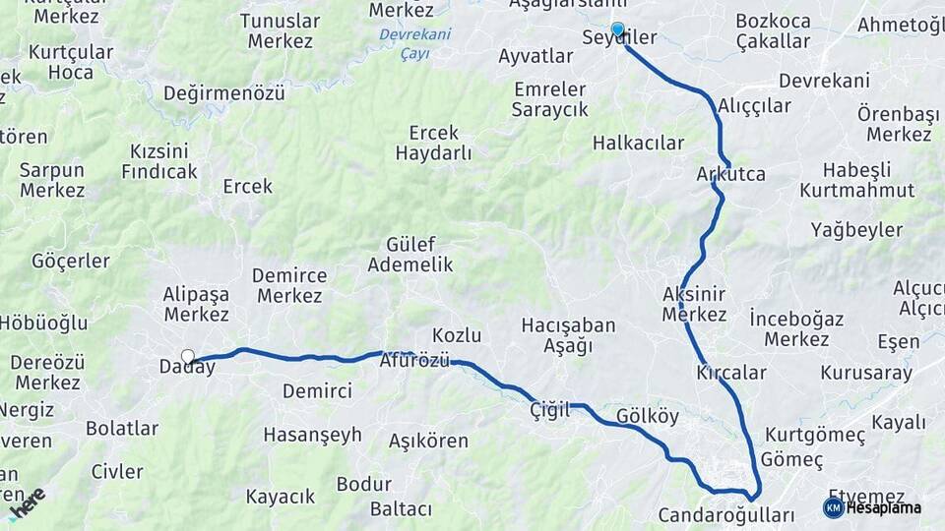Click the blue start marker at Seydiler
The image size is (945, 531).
[618, 29]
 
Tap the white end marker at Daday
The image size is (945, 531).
[188, 356]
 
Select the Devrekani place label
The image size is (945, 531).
[824, 81]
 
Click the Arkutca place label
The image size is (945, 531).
[730, 174]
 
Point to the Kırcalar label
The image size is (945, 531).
[731, 373]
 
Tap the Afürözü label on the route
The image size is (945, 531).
[414, 361]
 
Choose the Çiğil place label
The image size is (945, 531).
[549, 410]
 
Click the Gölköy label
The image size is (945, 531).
[648, 416]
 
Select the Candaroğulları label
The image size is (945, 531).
[726, 515]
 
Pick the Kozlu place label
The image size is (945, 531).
[457, 334]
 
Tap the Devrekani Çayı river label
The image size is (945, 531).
[416, 44]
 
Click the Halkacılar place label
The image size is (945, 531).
[638, 144]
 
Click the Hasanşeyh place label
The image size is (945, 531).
[313, 435]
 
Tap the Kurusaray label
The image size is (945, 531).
[866, 374]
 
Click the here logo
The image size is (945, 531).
[27, 503]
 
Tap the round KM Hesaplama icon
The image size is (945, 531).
[833, 507]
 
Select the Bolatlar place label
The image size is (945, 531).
[122, 429]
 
